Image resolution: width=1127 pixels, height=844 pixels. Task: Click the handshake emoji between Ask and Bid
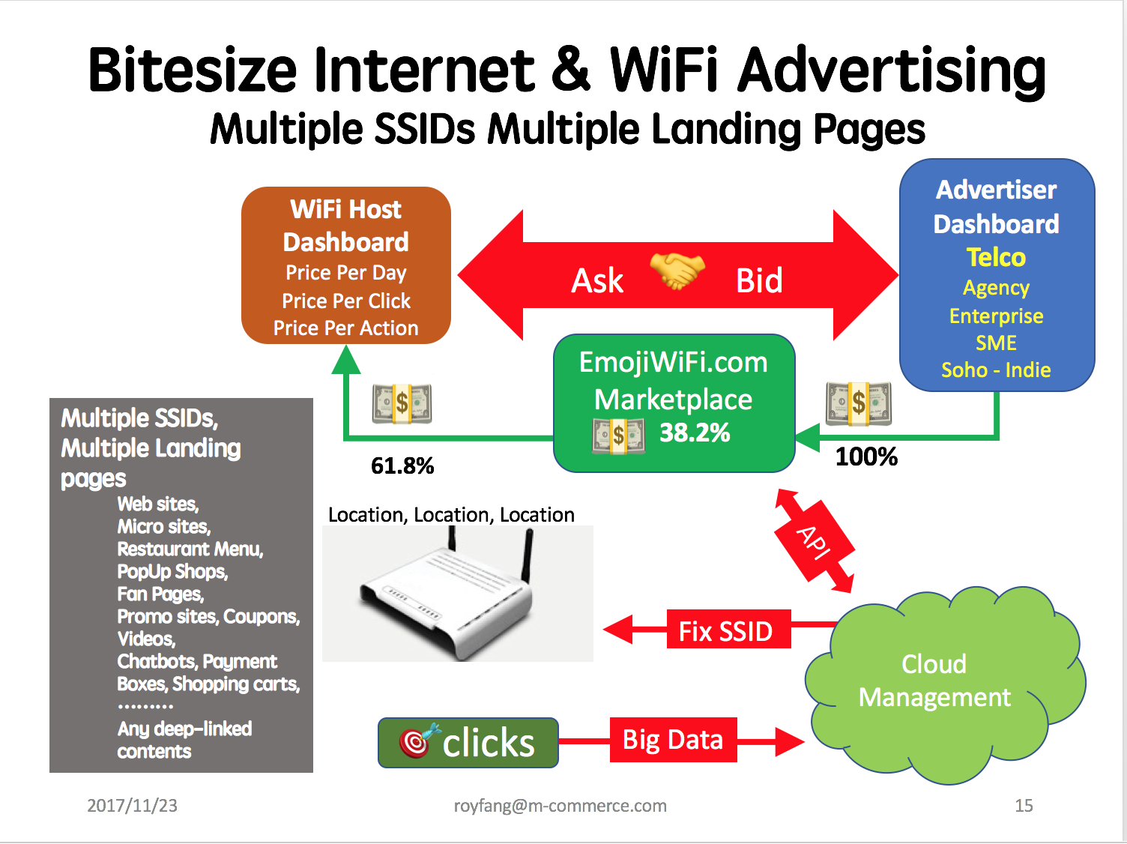point(677,270)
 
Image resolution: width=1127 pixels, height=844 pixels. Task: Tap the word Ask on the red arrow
point(597,281)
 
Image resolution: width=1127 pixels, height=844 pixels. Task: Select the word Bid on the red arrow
point(759,281)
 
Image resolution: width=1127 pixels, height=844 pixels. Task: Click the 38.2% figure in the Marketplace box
point(695,432)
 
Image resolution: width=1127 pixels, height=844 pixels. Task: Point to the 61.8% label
point(402,465)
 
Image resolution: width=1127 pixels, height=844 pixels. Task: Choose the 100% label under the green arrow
point(867,456)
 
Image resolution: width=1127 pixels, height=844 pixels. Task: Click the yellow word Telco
point(996,257)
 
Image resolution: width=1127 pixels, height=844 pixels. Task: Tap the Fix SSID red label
point(728,630)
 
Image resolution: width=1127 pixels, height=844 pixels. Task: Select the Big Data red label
point(673,740)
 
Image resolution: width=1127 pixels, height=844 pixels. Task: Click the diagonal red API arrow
point(815,542)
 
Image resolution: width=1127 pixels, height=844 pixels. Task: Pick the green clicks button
point(468,742)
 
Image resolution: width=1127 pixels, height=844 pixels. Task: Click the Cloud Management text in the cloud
point(934,681)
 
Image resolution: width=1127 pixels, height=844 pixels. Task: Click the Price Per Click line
point(346,301)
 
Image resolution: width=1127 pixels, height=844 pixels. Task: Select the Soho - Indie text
point(996,370)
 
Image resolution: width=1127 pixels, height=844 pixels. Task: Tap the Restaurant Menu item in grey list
point(190,549)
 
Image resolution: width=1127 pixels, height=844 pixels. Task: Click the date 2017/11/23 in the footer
point(132,806)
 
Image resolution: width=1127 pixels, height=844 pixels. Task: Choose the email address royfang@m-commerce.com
point(561,806)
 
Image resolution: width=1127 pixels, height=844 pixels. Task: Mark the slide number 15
point(1024,806)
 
